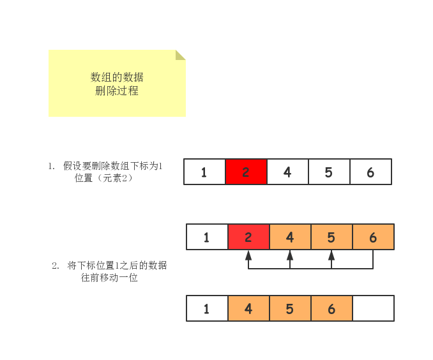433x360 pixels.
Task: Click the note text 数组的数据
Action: [x=117, y=77]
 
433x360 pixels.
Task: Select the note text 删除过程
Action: [x=117, y=91]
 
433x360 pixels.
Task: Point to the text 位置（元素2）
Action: [x=103, y=178]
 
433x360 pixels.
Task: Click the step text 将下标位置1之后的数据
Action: [x=117, y=266]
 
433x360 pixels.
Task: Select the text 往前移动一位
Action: [x=105, y=278]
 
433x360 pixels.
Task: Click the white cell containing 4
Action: [x=287, y=172]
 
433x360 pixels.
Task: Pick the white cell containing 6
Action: [x=370, y=172]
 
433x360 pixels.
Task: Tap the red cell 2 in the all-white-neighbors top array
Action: [x=246, y=172]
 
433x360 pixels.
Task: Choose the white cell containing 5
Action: [x=329, y=172]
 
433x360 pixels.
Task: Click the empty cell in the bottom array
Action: [x=373, y=308]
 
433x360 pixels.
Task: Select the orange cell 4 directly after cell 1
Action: [x=248, y=308]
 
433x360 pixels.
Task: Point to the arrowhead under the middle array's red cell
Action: [x=248, y=255]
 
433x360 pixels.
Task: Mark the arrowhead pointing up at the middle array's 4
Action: [x=290, y=255]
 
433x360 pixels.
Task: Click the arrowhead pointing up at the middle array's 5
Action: [x=331, y=255]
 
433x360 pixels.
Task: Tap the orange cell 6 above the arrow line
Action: [x=373, y=237]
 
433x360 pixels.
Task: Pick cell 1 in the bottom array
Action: [x=207, y=308]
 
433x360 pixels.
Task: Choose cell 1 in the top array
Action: [x=204, y=172]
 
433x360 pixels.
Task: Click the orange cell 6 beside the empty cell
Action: [x=331, y=308]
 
